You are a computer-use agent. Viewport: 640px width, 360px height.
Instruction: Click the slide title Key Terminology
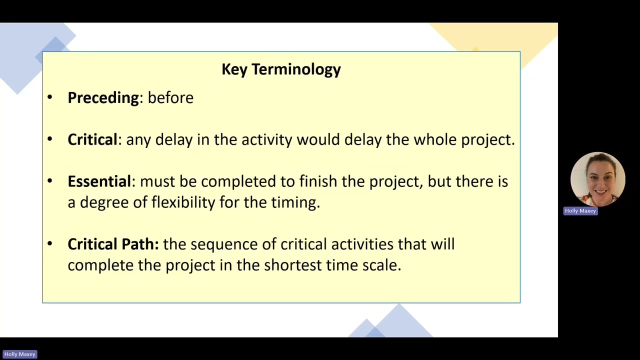[x=281, y=69]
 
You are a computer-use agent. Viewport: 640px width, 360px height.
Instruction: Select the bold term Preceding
[x=103, y=98]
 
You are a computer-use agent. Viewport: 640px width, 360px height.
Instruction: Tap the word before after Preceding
[x=170, y=97]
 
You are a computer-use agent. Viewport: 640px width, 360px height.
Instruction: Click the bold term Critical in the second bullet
[x=92, y=139]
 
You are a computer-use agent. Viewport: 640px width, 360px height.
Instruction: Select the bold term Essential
[x=99, y=181]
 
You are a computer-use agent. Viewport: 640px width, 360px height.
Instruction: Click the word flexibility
[x=183, y=202]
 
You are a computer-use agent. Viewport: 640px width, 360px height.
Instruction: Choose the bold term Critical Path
[x=113, y=244]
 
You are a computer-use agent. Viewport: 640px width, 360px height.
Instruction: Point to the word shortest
[x=293, y=265]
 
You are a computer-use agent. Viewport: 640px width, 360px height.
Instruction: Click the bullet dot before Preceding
[x=50, y=97]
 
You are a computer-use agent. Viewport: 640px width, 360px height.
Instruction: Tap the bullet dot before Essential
[x=50, y=181]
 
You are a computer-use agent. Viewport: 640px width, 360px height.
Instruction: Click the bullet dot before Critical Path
[x=50, y=243]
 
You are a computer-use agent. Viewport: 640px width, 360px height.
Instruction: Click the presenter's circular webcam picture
[x=597, y=179]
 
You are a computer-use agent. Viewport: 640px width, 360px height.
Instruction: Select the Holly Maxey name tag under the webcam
[x=580, y=211]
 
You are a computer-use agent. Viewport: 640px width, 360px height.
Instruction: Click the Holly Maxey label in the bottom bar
[x=19, y=354]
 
